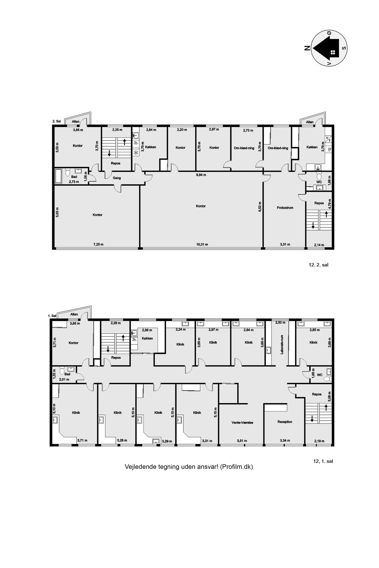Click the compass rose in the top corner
(329, 48)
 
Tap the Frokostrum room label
(285, 208)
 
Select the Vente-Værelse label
(242, 422)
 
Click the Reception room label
(285, 422)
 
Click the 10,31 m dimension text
(202, 245)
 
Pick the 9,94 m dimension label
(201, 175)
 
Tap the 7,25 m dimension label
(98, 245)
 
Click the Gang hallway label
(117, 178)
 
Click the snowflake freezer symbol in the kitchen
(136, 153)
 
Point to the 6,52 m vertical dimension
(260, 206)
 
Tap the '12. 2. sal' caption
(319, 265)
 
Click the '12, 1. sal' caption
(323, 461)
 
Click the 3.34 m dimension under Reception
(285, 441)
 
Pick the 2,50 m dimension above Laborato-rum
(280, 322)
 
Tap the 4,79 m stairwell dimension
(329, 204)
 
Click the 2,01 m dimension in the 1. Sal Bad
(64, 379)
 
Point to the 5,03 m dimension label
(57, 212)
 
